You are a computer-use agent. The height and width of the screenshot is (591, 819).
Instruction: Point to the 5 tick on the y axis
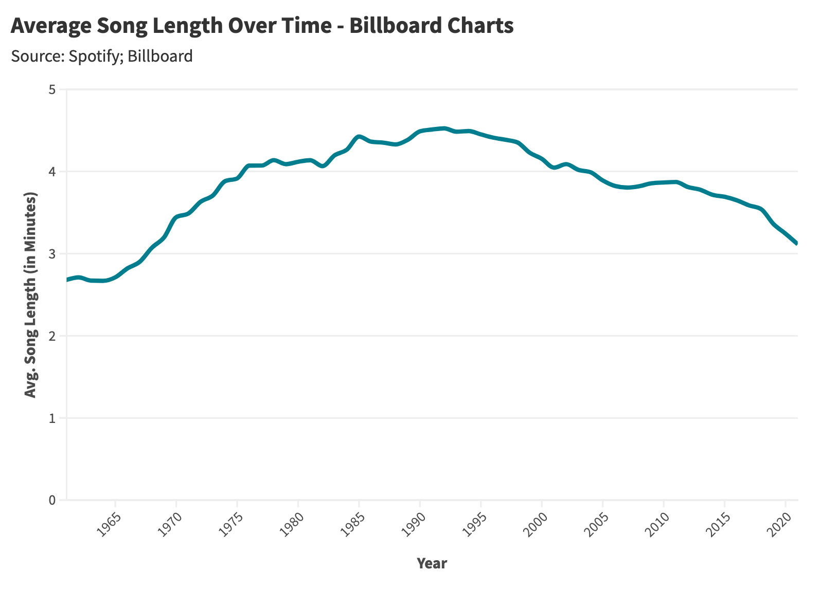click(x=51, y=89)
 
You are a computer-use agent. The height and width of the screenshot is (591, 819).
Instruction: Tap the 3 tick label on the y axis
click(x=51, y=254)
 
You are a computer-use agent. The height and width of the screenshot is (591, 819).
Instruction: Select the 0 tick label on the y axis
click(x=51, y=500)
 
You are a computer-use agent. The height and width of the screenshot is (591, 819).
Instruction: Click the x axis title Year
click(x=432, y=563)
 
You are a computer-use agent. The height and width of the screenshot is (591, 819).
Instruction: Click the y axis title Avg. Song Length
click(x=31, y=295)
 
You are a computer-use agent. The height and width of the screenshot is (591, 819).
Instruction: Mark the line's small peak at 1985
click(x=359, y=136)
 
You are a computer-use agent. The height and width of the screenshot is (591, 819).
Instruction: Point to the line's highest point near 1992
click(x=444, y=128)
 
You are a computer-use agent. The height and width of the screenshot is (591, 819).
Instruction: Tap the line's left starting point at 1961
click(x=67, y=280)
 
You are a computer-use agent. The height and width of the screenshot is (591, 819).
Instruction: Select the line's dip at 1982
click(x=323, y=166)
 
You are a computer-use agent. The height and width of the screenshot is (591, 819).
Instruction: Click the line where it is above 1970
click(x=176, y=217)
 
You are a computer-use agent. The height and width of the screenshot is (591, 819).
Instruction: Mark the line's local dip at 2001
click(x=554, y=168)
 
